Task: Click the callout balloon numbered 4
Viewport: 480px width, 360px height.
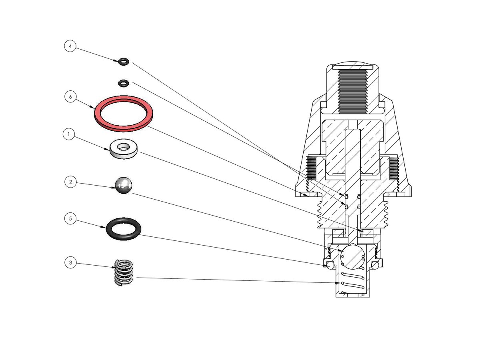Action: tap(70, 46)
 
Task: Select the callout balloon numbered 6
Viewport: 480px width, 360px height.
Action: tap(70, 97)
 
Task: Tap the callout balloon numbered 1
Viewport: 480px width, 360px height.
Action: tap(69, 134)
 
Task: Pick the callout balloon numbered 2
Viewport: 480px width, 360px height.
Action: tap(70, 182)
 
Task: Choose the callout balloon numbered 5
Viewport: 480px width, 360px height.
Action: tap(70, 218)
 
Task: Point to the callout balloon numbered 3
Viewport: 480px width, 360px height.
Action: tap(70, 263)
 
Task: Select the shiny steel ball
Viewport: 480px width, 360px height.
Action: tap(123, 186)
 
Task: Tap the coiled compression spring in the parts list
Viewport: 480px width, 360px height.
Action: tap(124, 272)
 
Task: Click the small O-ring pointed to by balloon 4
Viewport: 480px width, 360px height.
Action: tap(124, 62)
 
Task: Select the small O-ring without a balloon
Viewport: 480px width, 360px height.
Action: tap(124, 83)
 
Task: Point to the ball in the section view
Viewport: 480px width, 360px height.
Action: tap(352, 256)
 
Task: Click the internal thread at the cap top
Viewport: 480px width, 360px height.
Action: tap(352, 91)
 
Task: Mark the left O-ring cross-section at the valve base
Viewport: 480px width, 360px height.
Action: tap(330, 265)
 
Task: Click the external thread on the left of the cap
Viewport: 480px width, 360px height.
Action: tap(312, 168)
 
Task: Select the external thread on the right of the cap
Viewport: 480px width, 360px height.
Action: tap(394, 168)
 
